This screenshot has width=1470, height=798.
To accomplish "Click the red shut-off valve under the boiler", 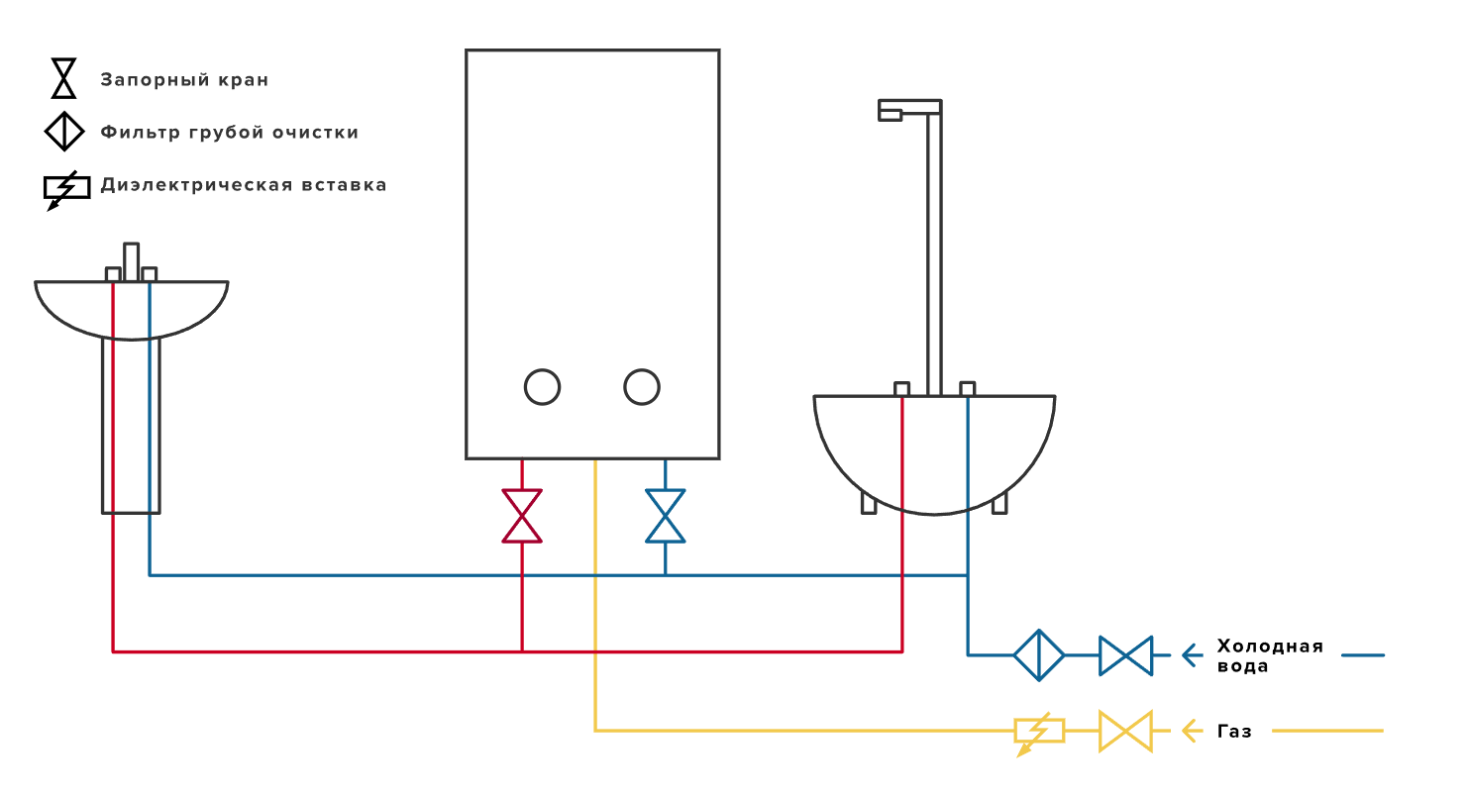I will click(522, 516).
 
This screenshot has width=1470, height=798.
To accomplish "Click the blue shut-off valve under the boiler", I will click(666, 516).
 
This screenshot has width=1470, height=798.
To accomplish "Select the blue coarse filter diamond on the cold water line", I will click(1039, 654).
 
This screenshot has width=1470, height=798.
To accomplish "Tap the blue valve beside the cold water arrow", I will click(1125, 655).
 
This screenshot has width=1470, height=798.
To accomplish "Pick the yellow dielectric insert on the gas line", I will click(1039, 731).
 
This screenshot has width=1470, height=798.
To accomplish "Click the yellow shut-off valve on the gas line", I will click(1125, 731).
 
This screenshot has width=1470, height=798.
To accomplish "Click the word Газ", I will click(1234, 732).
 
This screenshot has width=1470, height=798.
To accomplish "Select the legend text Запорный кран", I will click(184, 80).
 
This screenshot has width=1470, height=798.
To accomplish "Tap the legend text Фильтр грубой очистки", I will click(229, 132).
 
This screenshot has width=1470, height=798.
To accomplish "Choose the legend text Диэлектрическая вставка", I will click(243, 185).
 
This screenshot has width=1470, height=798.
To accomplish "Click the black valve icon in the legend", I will click(64, 78).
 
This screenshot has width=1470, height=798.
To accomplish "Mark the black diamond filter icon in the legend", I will click(64, 131).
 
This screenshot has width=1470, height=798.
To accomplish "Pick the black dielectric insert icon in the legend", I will click(66, 188).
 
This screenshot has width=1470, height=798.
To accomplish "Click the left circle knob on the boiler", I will click(542, 387).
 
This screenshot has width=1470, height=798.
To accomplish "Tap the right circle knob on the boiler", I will click(642, 387).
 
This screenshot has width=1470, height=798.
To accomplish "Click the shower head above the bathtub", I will click(892, 111).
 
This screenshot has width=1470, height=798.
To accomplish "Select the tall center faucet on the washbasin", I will click(131, 262).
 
